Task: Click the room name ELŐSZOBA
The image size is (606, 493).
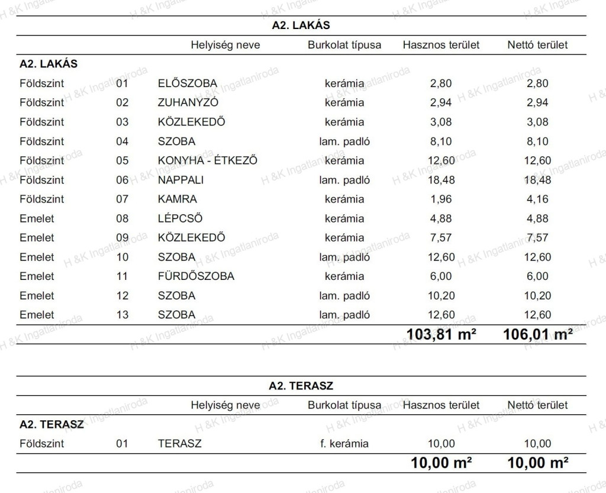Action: [188, 83]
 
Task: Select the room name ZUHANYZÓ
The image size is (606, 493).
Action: [188, 102]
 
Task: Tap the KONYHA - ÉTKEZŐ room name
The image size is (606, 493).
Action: [208, 160]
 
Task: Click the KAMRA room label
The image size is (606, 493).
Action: [178, 199]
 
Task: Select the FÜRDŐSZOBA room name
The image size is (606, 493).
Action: [196, 276]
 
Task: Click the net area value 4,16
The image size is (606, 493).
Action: [537, 199]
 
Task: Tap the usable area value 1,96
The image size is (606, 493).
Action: [441, 199]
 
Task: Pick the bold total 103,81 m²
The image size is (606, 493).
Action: [441, 334]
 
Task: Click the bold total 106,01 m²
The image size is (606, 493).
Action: [537, 334]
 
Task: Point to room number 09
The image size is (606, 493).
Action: [122, 237]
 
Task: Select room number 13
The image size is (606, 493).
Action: [122, 314]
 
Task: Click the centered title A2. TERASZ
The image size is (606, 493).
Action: [301, 386]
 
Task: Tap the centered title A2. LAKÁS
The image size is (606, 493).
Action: [301, 25]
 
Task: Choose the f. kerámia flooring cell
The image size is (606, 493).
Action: [344, 443]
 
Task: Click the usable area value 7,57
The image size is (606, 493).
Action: [441, 237]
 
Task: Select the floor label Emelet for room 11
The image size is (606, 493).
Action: [37, 276]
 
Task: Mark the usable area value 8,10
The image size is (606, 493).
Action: [441, 141]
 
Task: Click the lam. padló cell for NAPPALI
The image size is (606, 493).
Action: [344, 180]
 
